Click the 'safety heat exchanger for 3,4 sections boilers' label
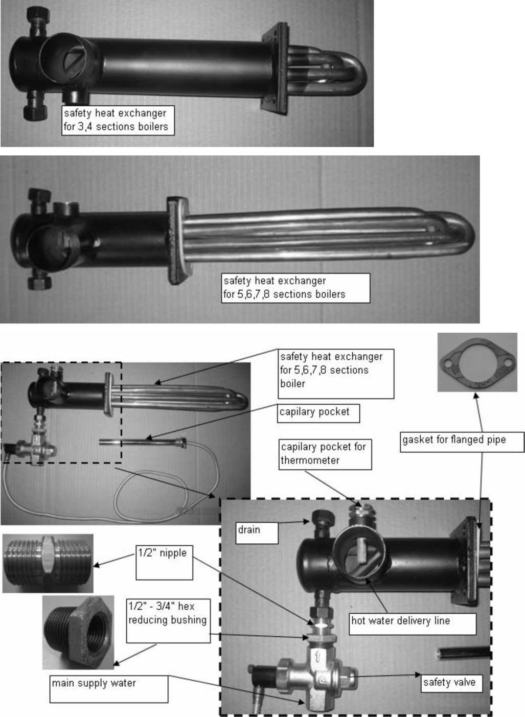pyautogui.click(x=118, y=121)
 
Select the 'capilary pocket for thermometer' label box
pyautogui.click(x=325, y=454)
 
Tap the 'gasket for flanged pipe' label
pyautogui.click(x=462, y=442)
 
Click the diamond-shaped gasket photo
pyautogui.click(x=477, y=362)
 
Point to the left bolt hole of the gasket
pyautogui.click(x=448, y=363)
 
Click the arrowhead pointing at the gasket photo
pyautogui.click(x=476, y=396)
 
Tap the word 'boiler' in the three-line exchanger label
pyautogui.click(x=292, y=384)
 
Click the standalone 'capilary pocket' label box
pyautogui.click(x=318, y=413)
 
